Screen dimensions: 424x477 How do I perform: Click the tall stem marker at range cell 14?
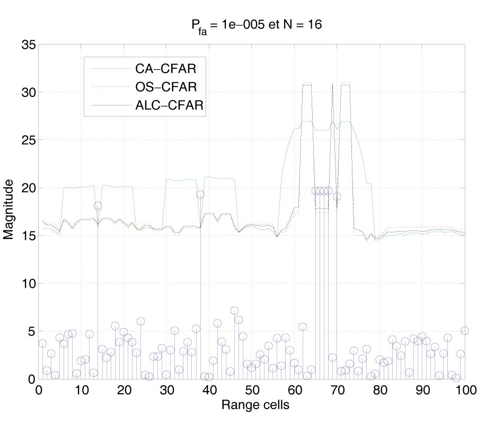[98, 206]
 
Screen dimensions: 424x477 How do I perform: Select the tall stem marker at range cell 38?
[200, 195]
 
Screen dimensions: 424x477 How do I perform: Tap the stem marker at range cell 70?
[337, 197]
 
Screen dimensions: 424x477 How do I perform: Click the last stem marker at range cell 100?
[465, 331]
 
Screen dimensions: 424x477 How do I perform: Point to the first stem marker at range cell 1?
[42, 343]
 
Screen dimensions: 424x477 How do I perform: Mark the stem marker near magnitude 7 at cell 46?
[234, 311]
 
